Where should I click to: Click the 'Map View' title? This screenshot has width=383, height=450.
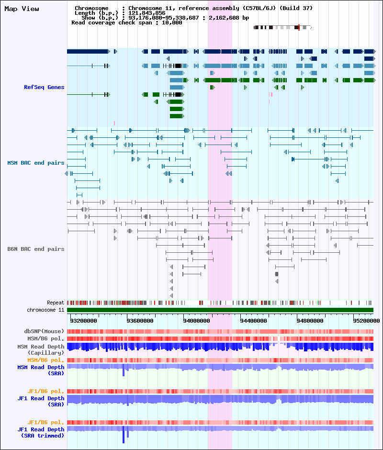pos(22,9)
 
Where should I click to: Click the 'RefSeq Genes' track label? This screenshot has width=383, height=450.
pos(44,87)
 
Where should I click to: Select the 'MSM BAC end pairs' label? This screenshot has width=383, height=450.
pos(36,163)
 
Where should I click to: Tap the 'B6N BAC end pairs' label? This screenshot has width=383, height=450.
pos(36,249)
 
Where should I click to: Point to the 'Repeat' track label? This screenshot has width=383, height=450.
pos(56,303)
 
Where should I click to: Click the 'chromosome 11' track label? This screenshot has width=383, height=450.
pos(45,310)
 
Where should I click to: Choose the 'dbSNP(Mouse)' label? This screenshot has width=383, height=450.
pos(44,331)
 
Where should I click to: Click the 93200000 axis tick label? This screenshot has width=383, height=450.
pos(84,321)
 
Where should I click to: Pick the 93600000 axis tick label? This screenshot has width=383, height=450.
pos(140,321)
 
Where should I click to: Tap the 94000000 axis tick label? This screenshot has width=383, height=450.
pos(197,321)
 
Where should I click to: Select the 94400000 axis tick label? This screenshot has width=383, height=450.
pos(253,321)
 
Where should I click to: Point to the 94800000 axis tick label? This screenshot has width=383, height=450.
pos(310,321)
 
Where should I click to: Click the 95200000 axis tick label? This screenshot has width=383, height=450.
pos(366,321)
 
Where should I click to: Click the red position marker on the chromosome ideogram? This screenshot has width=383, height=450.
pos(299,28)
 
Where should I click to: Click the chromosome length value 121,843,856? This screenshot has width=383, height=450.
pos(147,13)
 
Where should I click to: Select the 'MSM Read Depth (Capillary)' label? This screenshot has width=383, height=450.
pos(41,350)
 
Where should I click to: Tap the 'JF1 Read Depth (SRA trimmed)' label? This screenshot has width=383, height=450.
pos(41,432)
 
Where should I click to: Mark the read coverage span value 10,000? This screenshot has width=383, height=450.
pos(172,22)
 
